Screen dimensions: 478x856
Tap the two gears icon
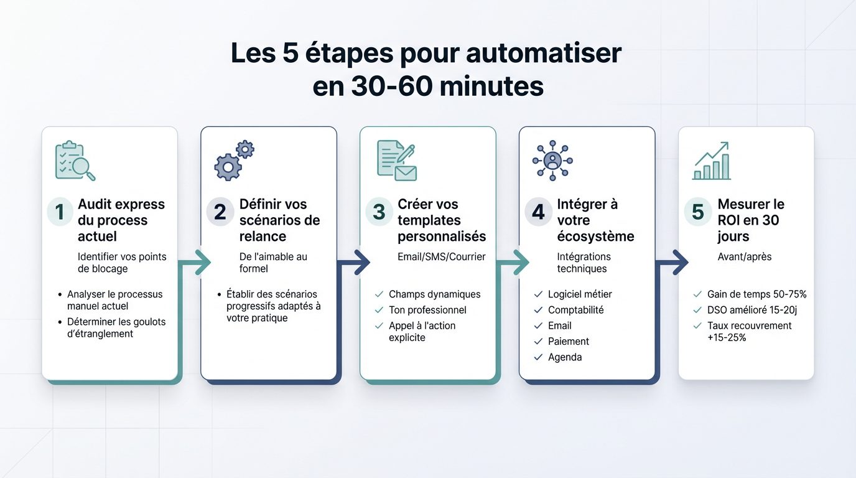point(234,161)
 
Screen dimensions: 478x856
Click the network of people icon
point(552,161)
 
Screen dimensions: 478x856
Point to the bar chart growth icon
point(711,161)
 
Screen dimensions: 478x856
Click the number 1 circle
point(60,212)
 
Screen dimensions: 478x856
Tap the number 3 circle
point(379,212)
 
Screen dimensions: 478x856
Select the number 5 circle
point(698,212)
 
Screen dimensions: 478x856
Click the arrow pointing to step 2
point(200,263)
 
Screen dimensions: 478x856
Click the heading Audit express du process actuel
point(121,220)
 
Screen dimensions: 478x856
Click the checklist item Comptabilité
point(575,310)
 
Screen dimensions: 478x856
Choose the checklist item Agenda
point(565,357)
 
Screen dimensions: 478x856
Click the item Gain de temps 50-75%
point(756,294)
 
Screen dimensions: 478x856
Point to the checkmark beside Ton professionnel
point(379,310)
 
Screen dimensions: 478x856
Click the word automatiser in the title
point(543,53)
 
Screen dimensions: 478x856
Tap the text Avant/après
point(745,256)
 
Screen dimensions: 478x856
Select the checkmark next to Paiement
point(538,342)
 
